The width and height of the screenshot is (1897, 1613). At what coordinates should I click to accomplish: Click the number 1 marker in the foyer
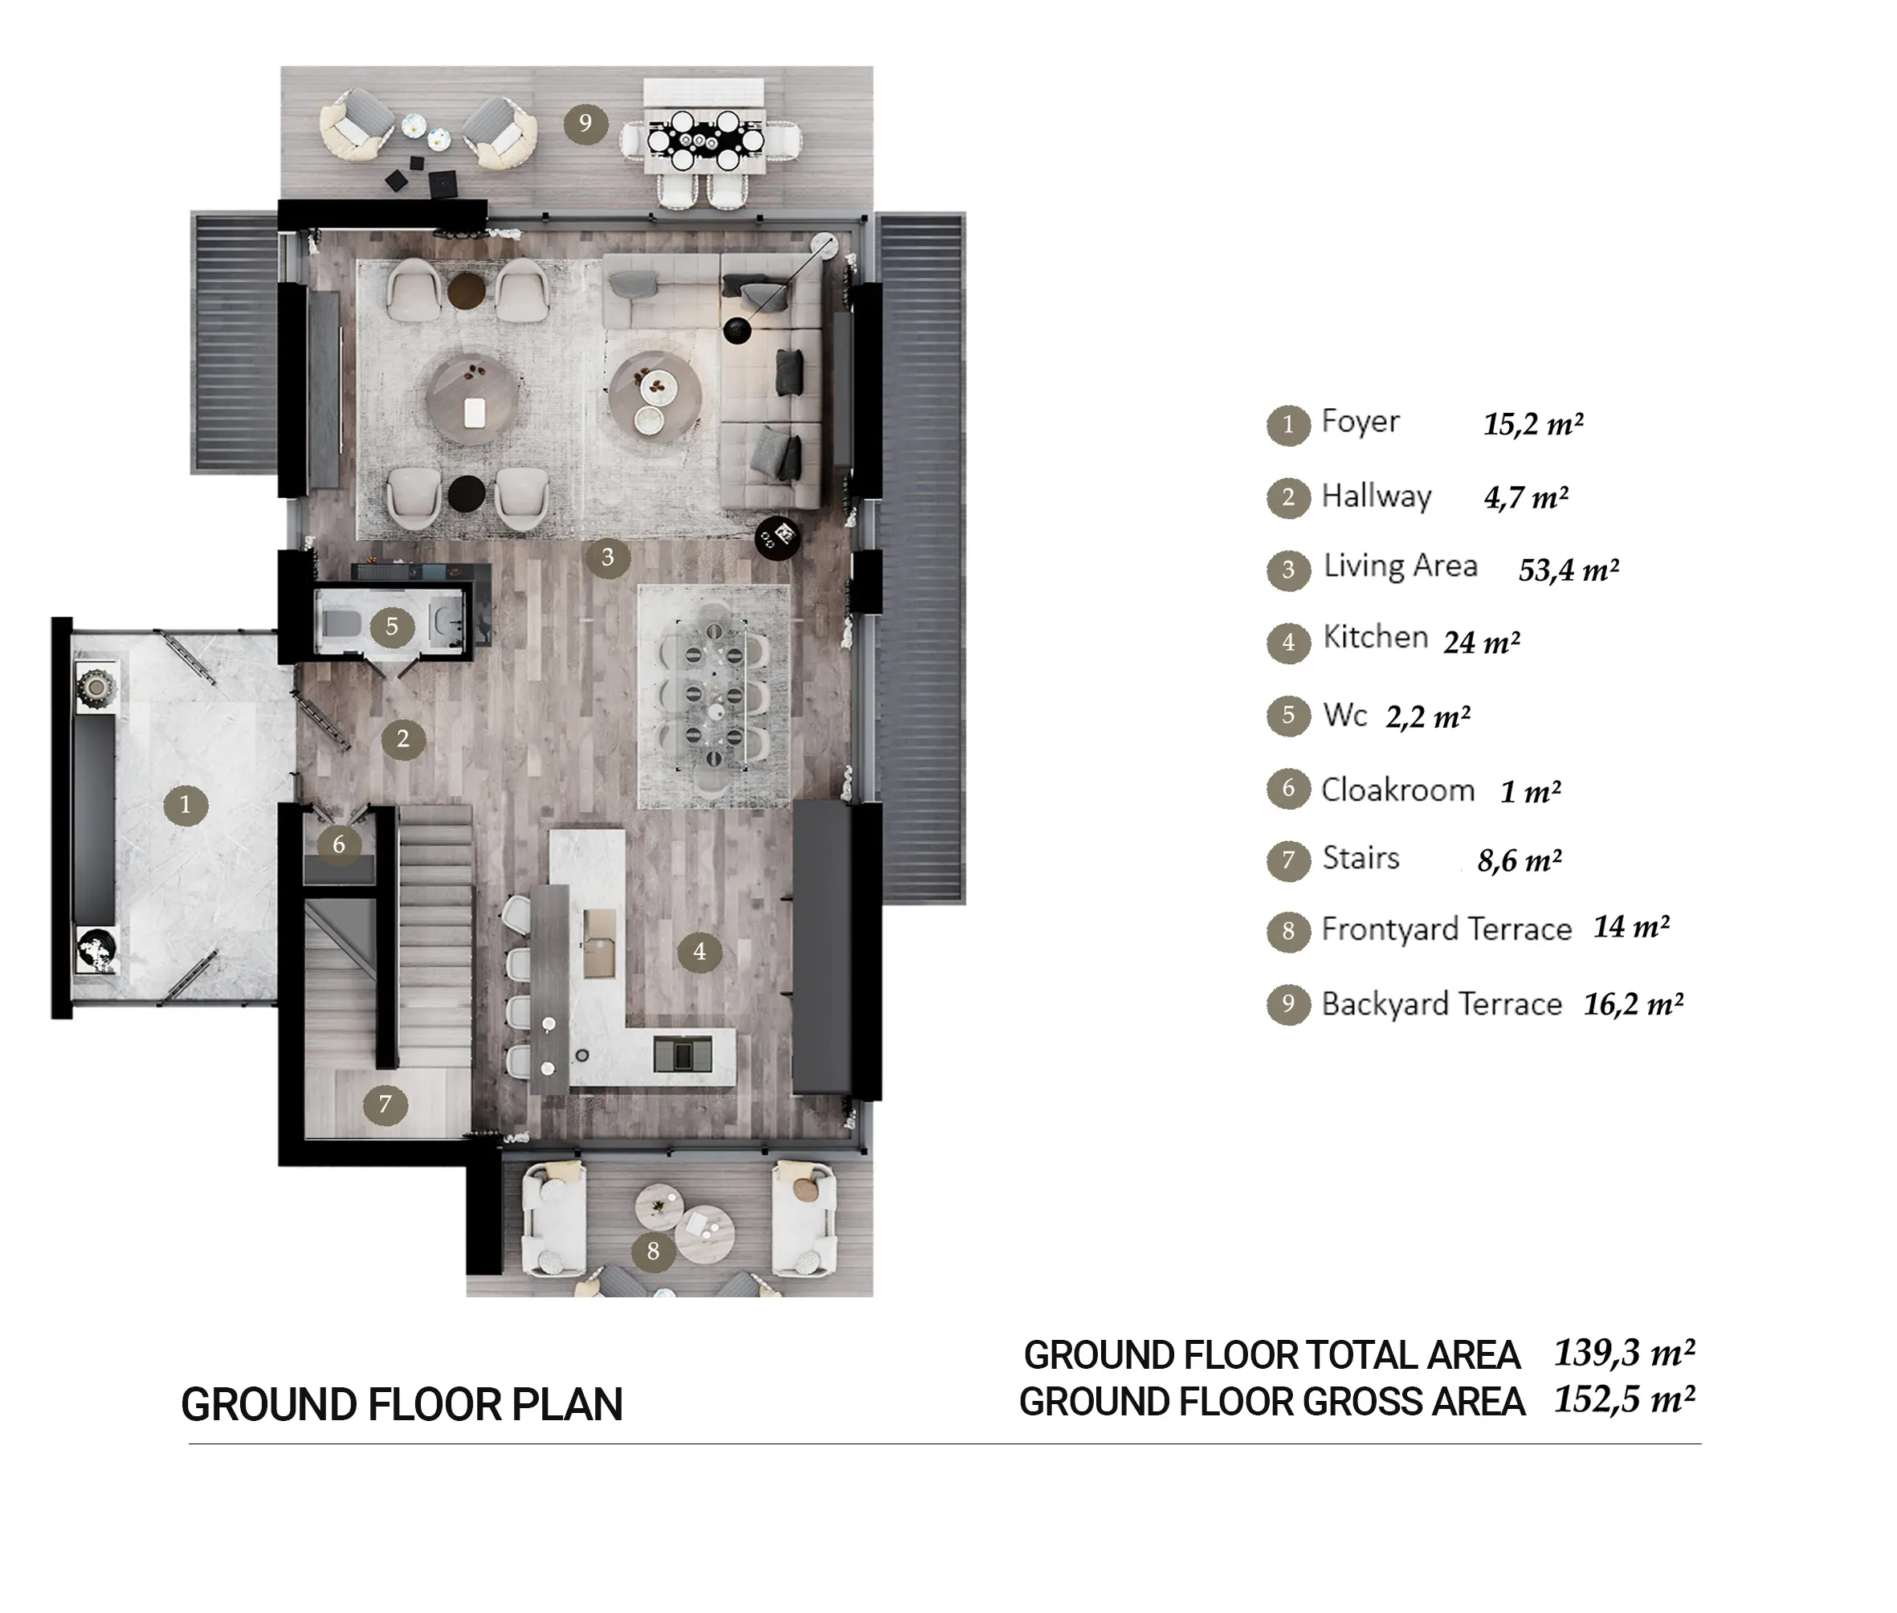click(x=186, y=805)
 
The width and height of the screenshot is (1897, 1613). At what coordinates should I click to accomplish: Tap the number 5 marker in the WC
click(x=392, y=627)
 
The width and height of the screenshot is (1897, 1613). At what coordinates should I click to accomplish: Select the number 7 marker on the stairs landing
click(x=385, y=1105)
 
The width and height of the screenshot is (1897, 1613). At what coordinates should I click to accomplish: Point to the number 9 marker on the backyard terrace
click(x=585, y=123)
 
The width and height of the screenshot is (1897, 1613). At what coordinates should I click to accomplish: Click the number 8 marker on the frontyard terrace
click(x=653, y=1251)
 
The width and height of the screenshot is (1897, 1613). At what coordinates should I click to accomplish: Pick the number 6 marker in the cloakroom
click(x=339, y=844)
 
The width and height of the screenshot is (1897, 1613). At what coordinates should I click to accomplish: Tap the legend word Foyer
click(x=1361, y=423)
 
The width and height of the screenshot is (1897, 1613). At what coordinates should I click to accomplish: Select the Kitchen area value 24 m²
click(x=1482, y=643)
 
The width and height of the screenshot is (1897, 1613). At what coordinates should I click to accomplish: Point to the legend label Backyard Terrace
click(x=1442, y=1004)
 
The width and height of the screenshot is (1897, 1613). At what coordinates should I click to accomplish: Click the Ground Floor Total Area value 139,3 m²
click(x=1625, y=1353)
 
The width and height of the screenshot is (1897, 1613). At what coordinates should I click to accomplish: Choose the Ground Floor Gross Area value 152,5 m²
click(x=1625, y=1400)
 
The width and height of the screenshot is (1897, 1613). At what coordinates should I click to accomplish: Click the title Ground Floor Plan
click(x=402, y=1404)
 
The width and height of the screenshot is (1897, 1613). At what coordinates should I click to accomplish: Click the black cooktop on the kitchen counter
click(x=683, y=1053)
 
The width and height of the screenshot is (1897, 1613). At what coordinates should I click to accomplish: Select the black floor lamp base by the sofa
click(x=736, y=331)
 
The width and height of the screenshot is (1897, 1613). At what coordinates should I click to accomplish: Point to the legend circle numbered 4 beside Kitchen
click(x=1289, y=642)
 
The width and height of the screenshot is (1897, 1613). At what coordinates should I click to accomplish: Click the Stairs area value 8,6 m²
click(x=1520, y=860)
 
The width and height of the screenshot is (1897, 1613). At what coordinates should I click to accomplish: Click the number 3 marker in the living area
click(x=608, y=557)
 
